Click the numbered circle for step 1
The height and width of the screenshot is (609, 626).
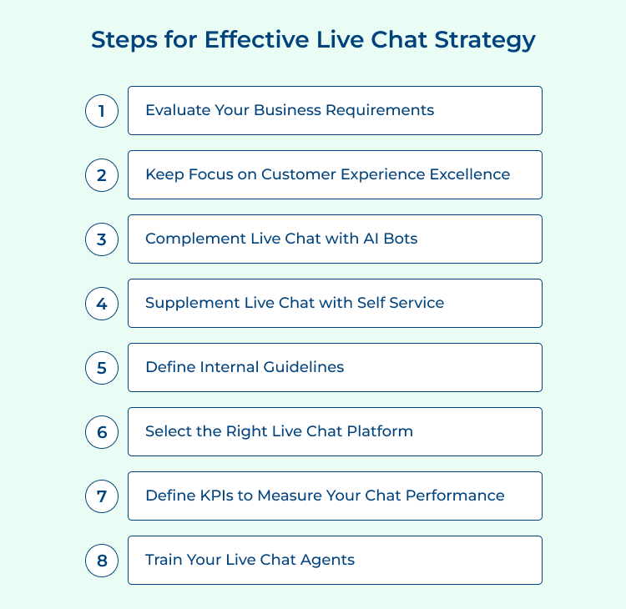(102, 110)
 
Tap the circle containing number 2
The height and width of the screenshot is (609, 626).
(102, 174)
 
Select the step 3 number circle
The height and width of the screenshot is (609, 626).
(102, 239)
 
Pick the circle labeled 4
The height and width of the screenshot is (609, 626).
(102, 303)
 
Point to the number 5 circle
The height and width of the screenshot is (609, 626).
(102, 367)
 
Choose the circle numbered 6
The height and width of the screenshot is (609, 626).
(102, 431)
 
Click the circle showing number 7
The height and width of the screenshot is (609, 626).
(102, 496)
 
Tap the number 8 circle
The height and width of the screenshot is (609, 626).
(102, 560)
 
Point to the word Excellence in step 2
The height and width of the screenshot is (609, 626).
(469, 174)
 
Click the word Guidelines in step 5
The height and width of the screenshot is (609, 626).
(301, 367)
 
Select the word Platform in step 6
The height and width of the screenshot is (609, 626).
(380, 431)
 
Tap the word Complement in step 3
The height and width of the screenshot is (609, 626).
(194, 239)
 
